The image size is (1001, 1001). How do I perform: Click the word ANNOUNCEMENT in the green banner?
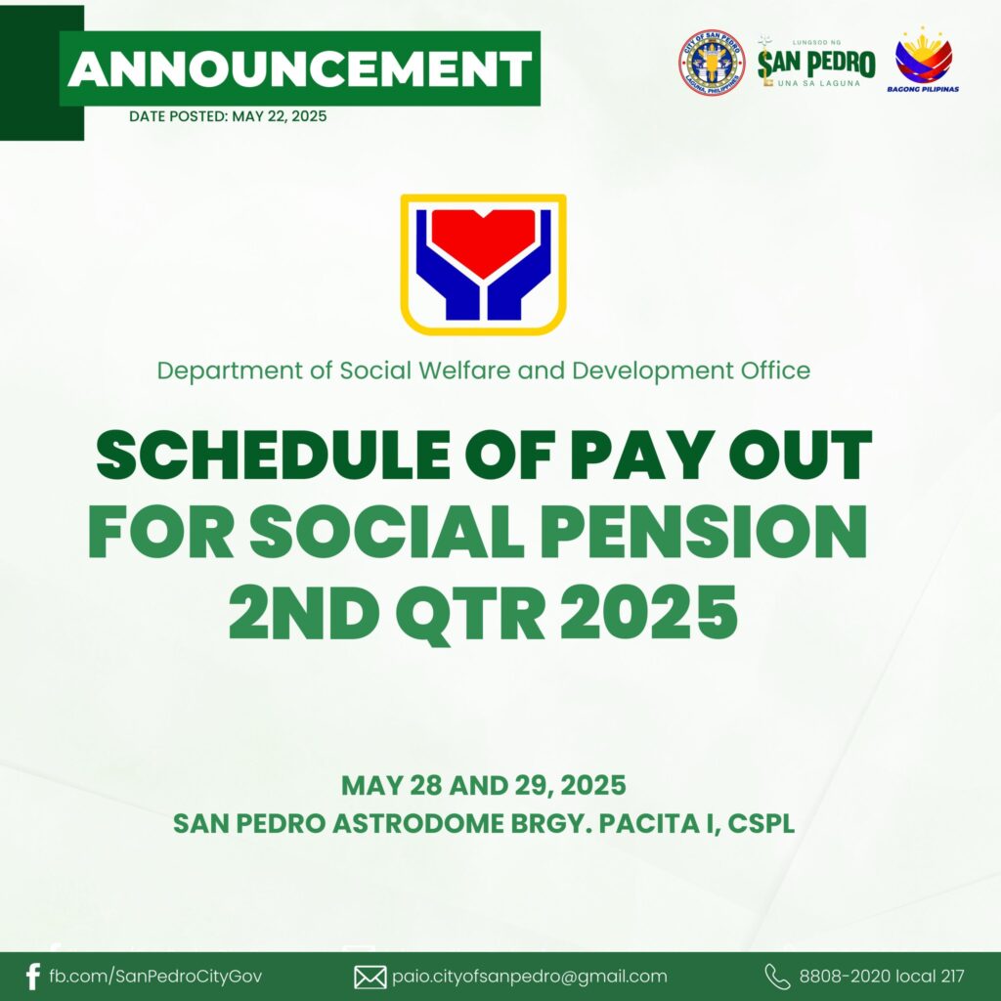[x=299, y=68]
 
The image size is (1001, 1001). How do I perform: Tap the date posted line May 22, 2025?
[x=228, y=116]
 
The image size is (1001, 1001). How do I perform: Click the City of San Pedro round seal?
[x=712, y=63]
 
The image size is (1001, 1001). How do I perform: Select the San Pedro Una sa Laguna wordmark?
[x=816, y=63]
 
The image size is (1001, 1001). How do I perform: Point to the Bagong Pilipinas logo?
[x=923, y=60]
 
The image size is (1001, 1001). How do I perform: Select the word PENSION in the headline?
[x=704, y=531]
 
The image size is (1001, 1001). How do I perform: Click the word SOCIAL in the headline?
[x=386, y=531]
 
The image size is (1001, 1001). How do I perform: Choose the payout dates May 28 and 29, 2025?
[x=483, y=785]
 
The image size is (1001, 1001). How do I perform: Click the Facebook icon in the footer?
[x=32, y=977]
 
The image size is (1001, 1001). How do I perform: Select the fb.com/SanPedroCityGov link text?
[x=155, y=977]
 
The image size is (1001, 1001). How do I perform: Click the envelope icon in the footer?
[x=370, y=978]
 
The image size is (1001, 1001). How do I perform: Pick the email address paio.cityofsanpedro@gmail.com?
[x=530, y=977]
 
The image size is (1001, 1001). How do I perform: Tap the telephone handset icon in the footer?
[x=777, y=977]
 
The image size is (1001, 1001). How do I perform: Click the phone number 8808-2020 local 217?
[x=882, y=977]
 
